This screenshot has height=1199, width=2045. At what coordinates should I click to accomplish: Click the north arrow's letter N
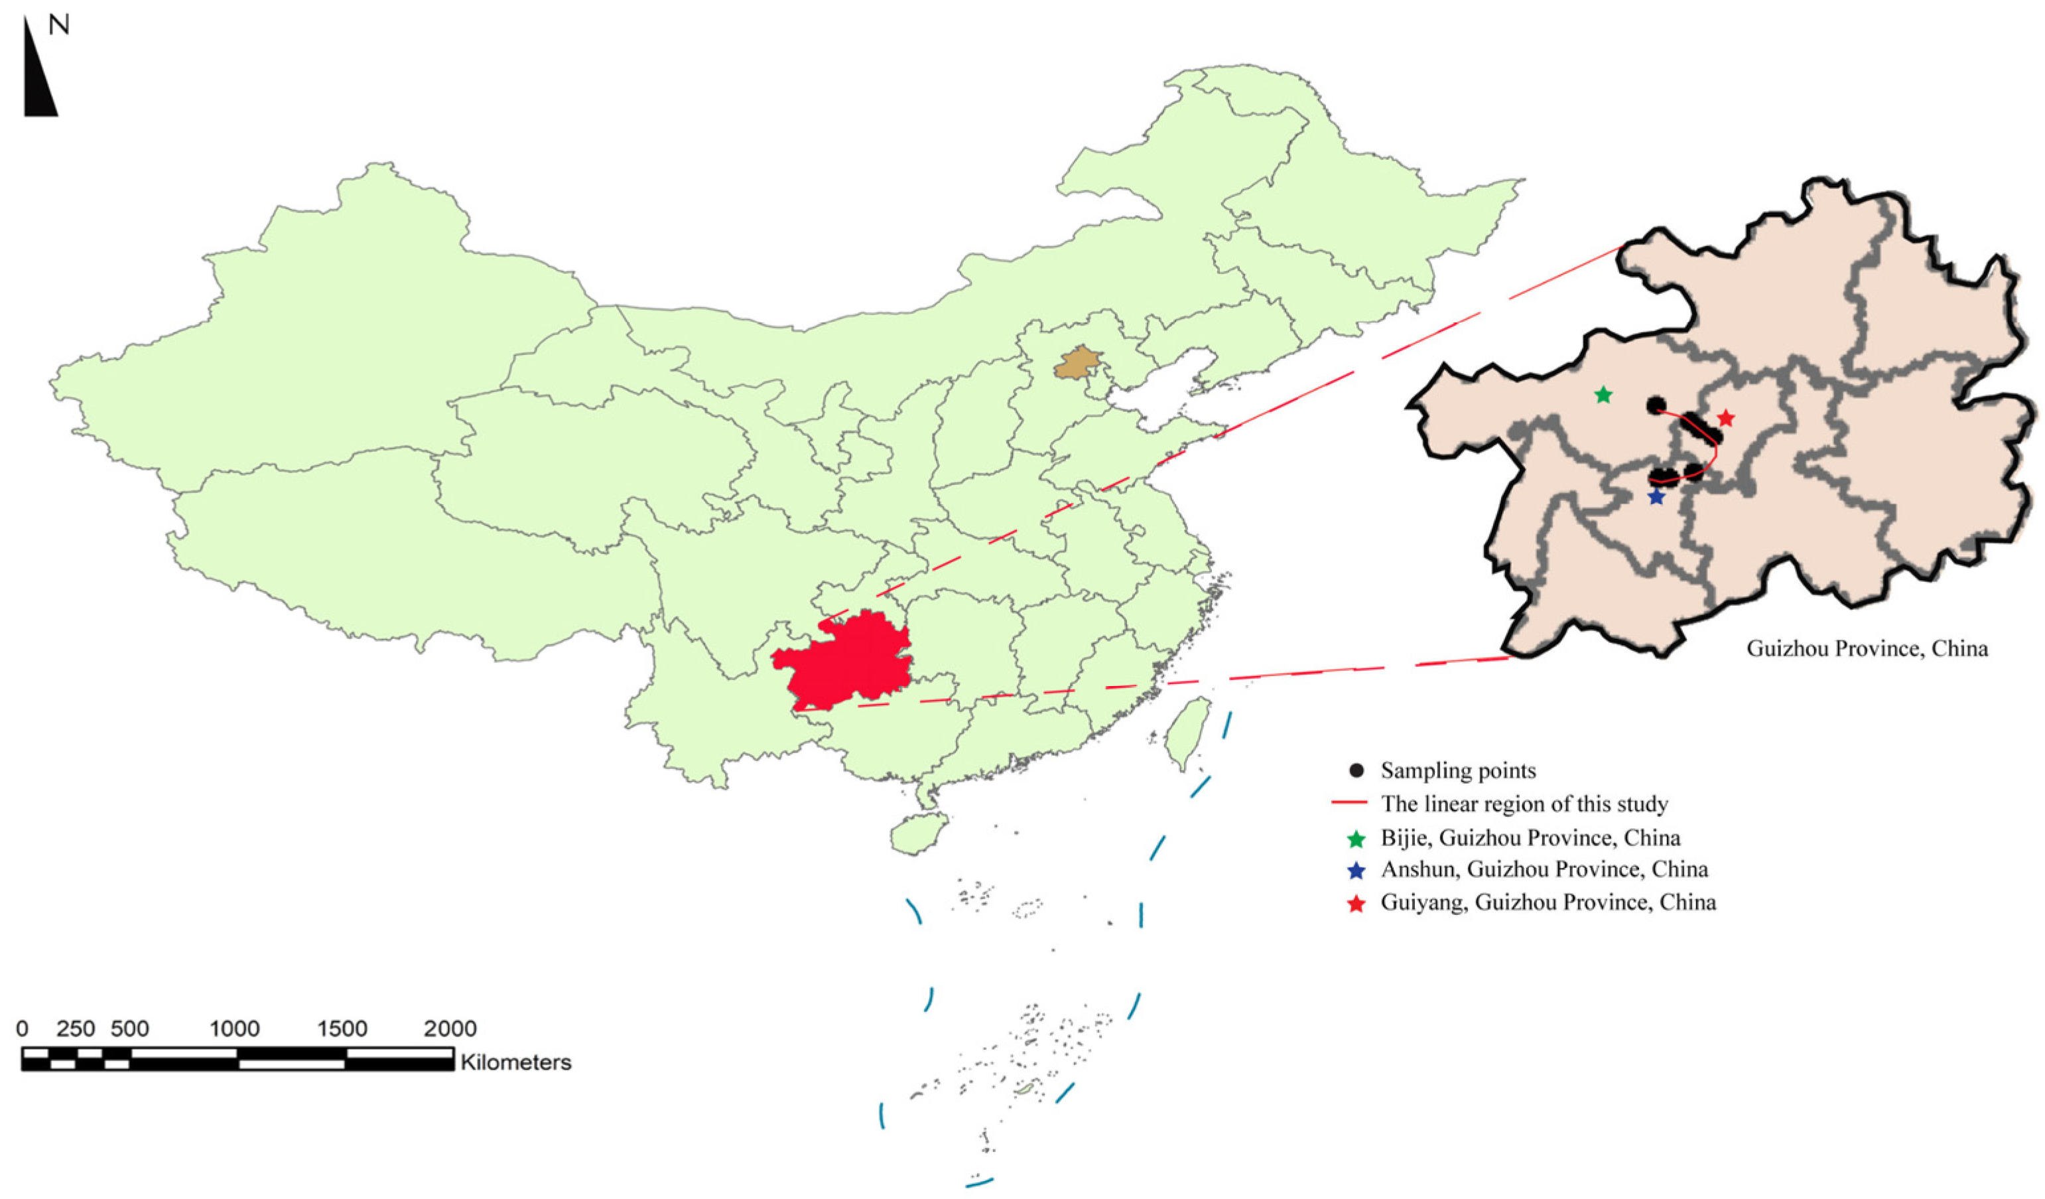click(x=58, y=25)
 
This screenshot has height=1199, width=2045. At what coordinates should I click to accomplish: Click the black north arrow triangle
click(x=37, y=81)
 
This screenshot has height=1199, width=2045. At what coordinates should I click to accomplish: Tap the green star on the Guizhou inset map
click(x=1603, y=395)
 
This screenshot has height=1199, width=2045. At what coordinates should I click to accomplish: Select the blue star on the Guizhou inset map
click(x=1656, y=497)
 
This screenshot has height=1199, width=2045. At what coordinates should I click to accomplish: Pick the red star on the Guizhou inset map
click(x=1726, y=418)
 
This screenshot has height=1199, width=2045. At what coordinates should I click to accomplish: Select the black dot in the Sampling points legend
click(x=1356, y=770)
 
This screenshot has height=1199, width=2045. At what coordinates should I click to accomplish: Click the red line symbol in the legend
click(x=1350, y=804)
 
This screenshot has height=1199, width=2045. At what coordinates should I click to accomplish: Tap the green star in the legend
click(x=1356, y=838)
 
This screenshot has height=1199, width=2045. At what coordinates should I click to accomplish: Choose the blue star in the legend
click(x=1356, y=871)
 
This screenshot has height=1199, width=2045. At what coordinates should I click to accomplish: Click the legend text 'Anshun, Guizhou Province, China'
click(x=1544, y=869)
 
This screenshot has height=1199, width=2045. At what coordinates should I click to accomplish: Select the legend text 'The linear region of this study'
click(x=1525, y=804)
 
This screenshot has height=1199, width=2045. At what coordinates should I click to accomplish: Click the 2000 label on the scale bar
click(x=450, y=1029)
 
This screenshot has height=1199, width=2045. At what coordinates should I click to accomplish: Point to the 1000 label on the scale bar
click(x=235, y=1029)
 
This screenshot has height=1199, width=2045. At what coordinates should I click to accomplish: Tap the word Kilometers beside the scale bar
click(x=516, y=1062)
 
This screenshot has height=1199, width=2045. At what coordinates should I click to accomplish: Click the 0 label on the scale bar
click(x=22, y=1029)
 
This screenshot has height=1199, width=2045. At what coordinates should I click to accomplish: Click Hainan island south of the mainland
click(x=919, y=832)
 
